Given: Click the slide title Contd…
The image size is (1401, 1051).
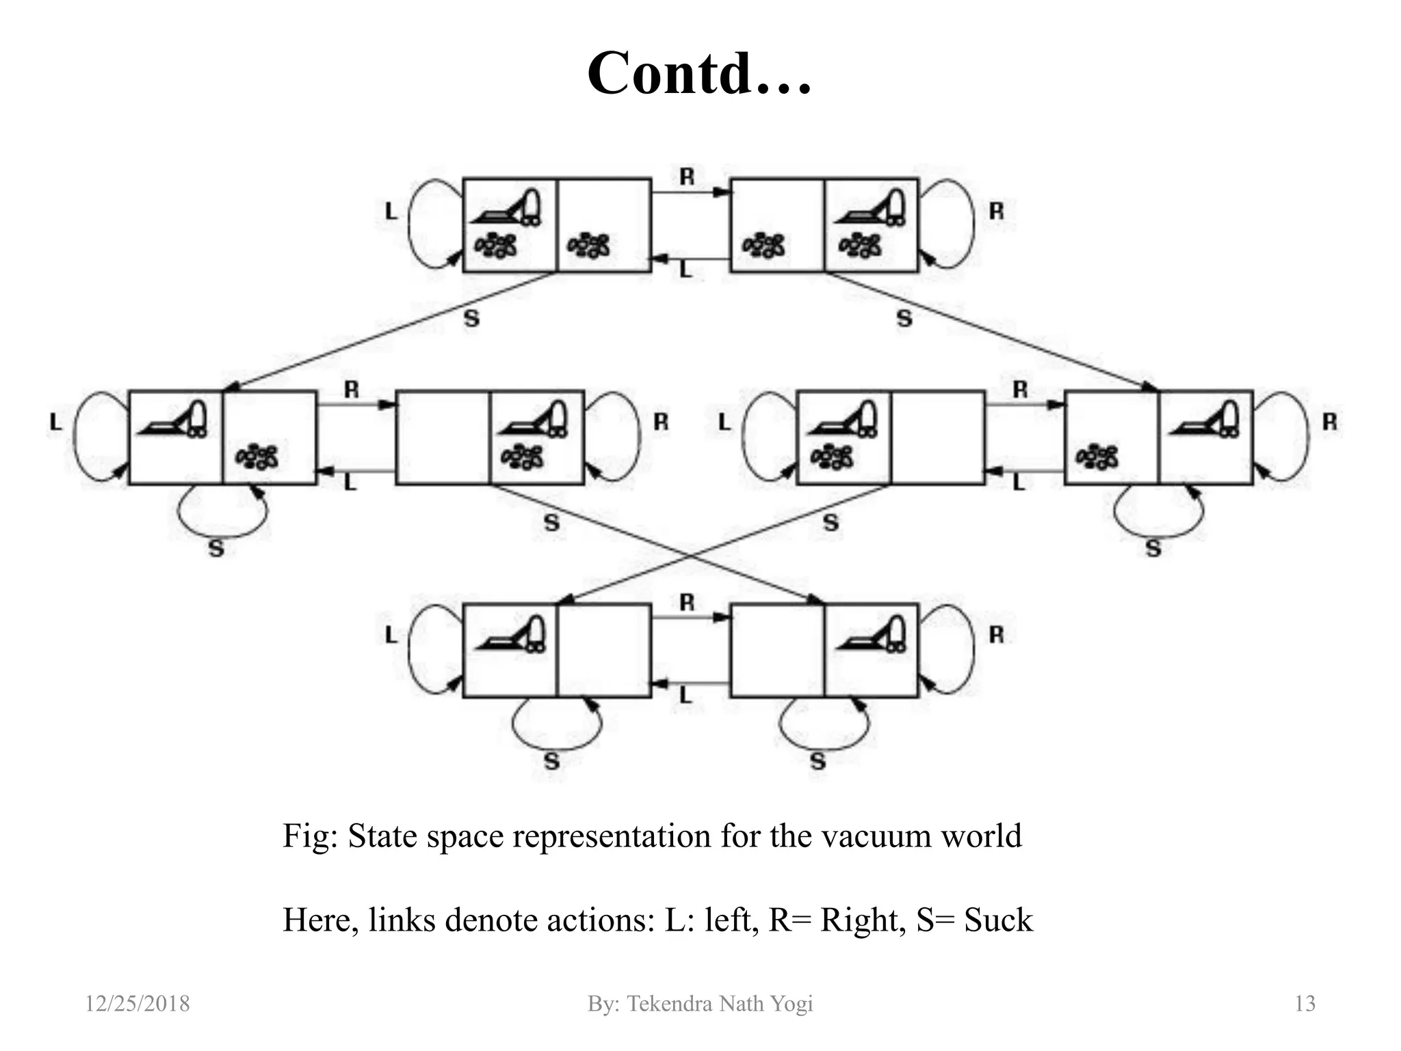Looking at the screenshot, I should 699,73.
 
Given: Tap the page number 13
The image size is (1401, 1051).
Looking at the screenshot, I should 1305,1004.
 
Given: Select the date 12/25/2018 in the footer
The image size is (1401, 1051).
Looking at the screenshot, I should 137,1004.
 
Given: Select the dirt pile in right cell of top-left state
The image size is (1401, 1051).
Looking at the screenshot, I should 590,245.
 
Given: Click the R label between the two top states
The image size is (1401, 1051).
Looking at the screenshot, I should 687,177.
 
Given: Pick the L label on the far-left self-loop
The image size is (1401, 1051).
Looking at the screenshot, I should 55,422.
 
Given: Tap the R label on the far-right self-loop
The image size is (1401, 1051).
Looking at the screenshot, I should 1329,422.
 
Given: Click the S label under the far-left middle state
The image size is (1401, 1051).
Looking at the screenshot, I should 216,548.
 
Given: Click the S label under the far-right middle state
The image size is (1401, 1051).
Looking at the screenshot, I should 1153,548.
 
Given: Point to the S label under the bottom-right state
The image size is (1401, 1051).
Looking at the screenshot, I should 818,761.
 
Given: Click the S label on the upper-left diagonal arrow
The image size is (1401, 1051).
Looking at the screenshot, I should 471,318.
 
